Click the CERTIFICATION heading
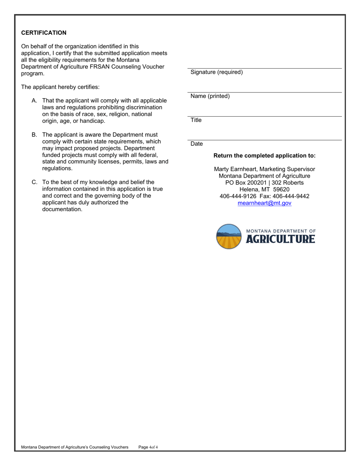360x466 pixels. click(44, 33)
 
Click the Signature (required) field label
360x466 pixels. click(216, 72)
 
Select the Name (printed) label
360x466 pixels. click(210, 96)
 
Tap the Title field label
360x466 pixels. click(196, 120)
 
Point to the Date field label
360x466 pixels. click(197, 144)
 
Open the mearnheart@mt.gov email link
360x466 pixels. click(264, 203)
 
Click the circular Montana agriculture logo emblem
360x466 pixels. click(229, 236)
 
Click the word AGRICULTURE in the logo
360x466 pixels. click(280, 239)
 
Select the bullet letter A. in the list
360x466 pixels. click(34, 101)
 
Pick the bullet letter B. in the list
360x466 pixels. click(34, 135)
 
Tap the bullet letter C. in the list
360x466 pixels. click(34, 182)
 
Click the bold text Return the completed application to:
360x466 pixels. click(264, 156)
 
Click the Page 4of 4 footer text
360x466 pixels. click(148, 447)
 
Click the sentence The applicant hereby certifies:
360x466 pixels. click(60, 87)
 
